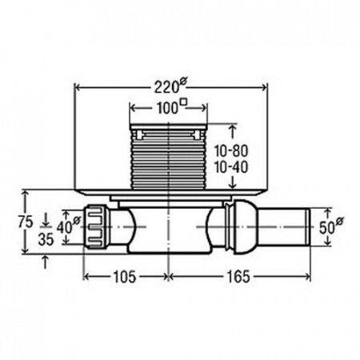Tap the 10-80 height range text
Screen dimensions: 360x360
[231, 151]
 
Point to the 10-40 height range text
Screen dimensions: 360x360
[231, 167]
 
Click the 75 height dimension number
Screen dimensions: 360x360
[26, 222]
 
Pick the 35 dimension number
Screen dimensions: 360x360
[46, 239]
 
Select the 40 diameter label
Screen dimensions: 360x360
[68, 226]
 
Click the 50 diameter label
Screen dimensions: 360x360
[331, 226]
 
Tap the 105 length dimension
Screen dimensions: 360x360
[125, 277]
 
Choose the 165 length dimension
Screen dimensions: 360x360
[238, 277]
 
